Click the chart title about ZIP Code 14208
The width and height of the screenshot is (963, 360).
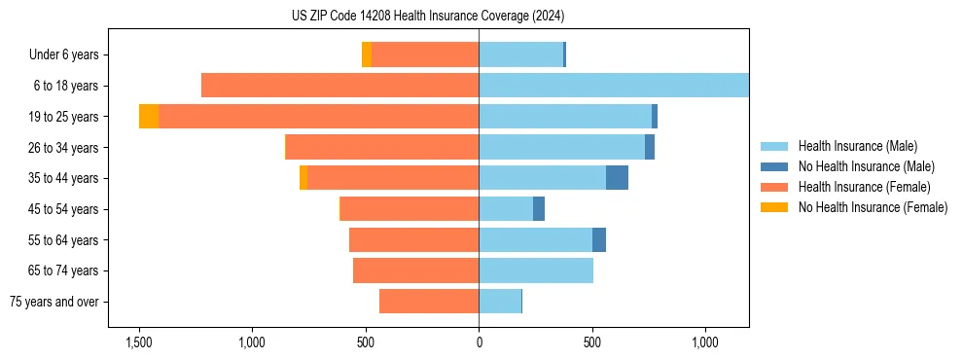(428, 16)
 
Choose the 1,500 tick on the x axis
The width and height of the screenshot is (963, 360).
(139, 342)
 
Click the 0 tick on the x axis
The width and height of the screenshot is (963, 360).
(479, 342)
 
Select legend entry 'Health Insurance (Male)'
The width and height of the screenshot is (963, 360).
(857, 146)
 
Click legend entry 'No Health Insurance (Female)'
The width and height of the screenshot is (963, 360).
(873, 207)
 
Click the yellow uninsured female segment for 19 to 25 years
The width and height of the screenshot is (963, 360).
(149, 117)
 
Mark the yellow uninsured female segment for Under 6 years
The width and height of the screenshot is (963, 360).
(367, 54)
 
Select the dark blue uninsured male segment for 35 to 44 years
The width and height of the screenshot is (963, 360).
(617, 178)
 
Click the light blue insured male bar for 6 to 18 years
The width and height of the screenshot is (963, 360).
(613, 86)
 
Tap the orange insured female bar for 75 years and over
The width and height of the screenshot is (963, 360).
(429, 302)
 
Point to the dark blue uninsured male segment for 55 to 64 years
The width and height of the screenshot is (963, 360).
(599, 239)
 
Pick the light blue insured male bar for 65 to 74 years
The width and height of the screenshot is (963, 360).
(536, 270)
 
